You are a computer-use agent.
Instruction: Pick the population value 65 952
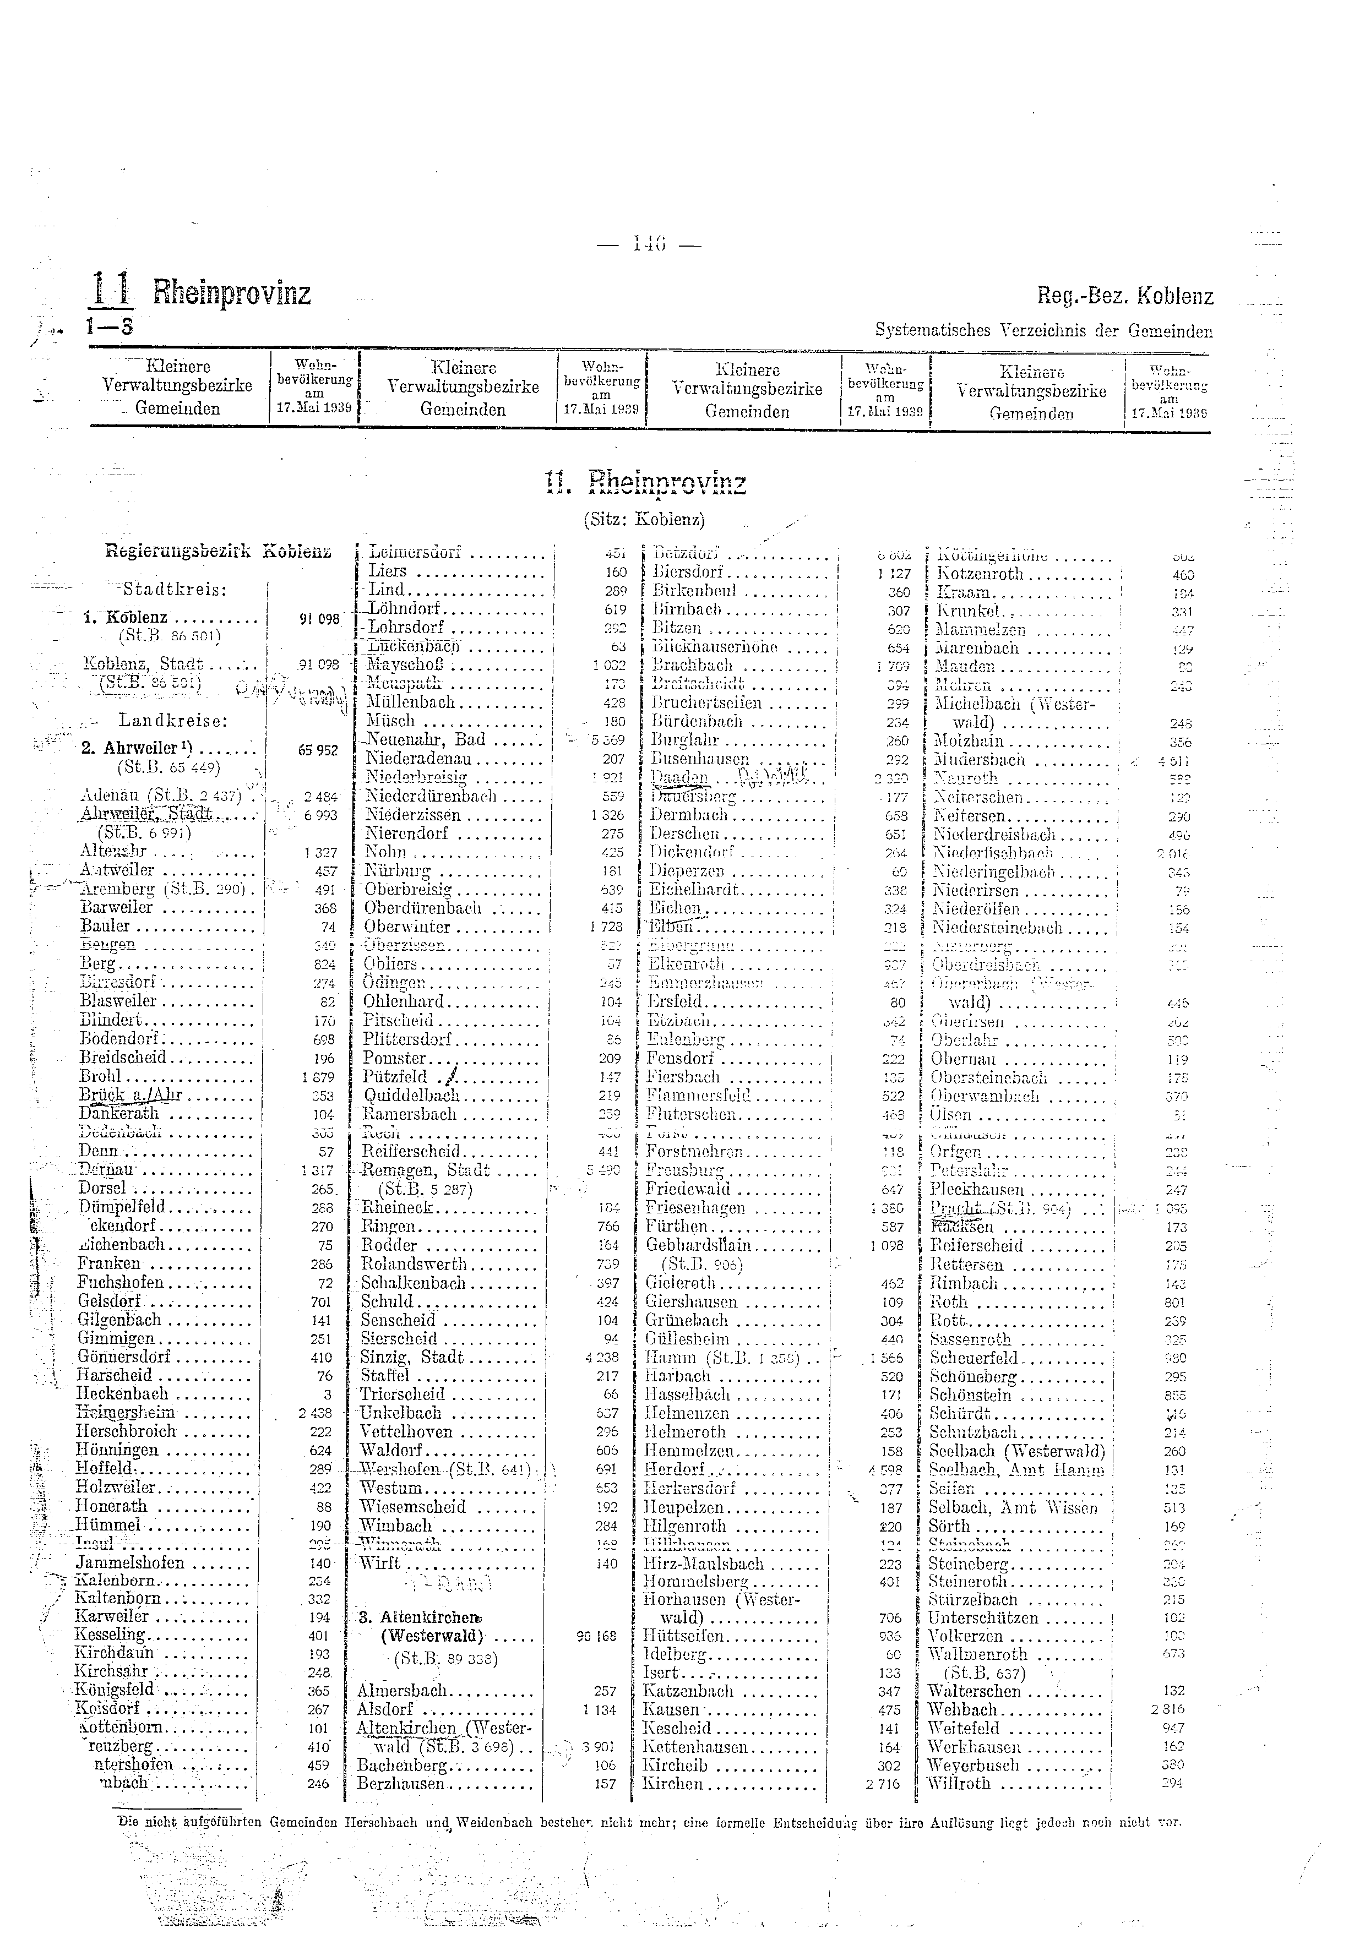pos(318,750)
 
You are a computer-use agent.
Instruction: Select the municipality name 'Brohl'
pos(101,1076)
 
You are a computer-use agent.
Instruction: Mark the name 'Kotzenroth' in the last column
pos(979,574)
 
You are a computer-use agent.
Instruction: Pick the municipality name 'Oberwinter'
pos(407,927)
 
